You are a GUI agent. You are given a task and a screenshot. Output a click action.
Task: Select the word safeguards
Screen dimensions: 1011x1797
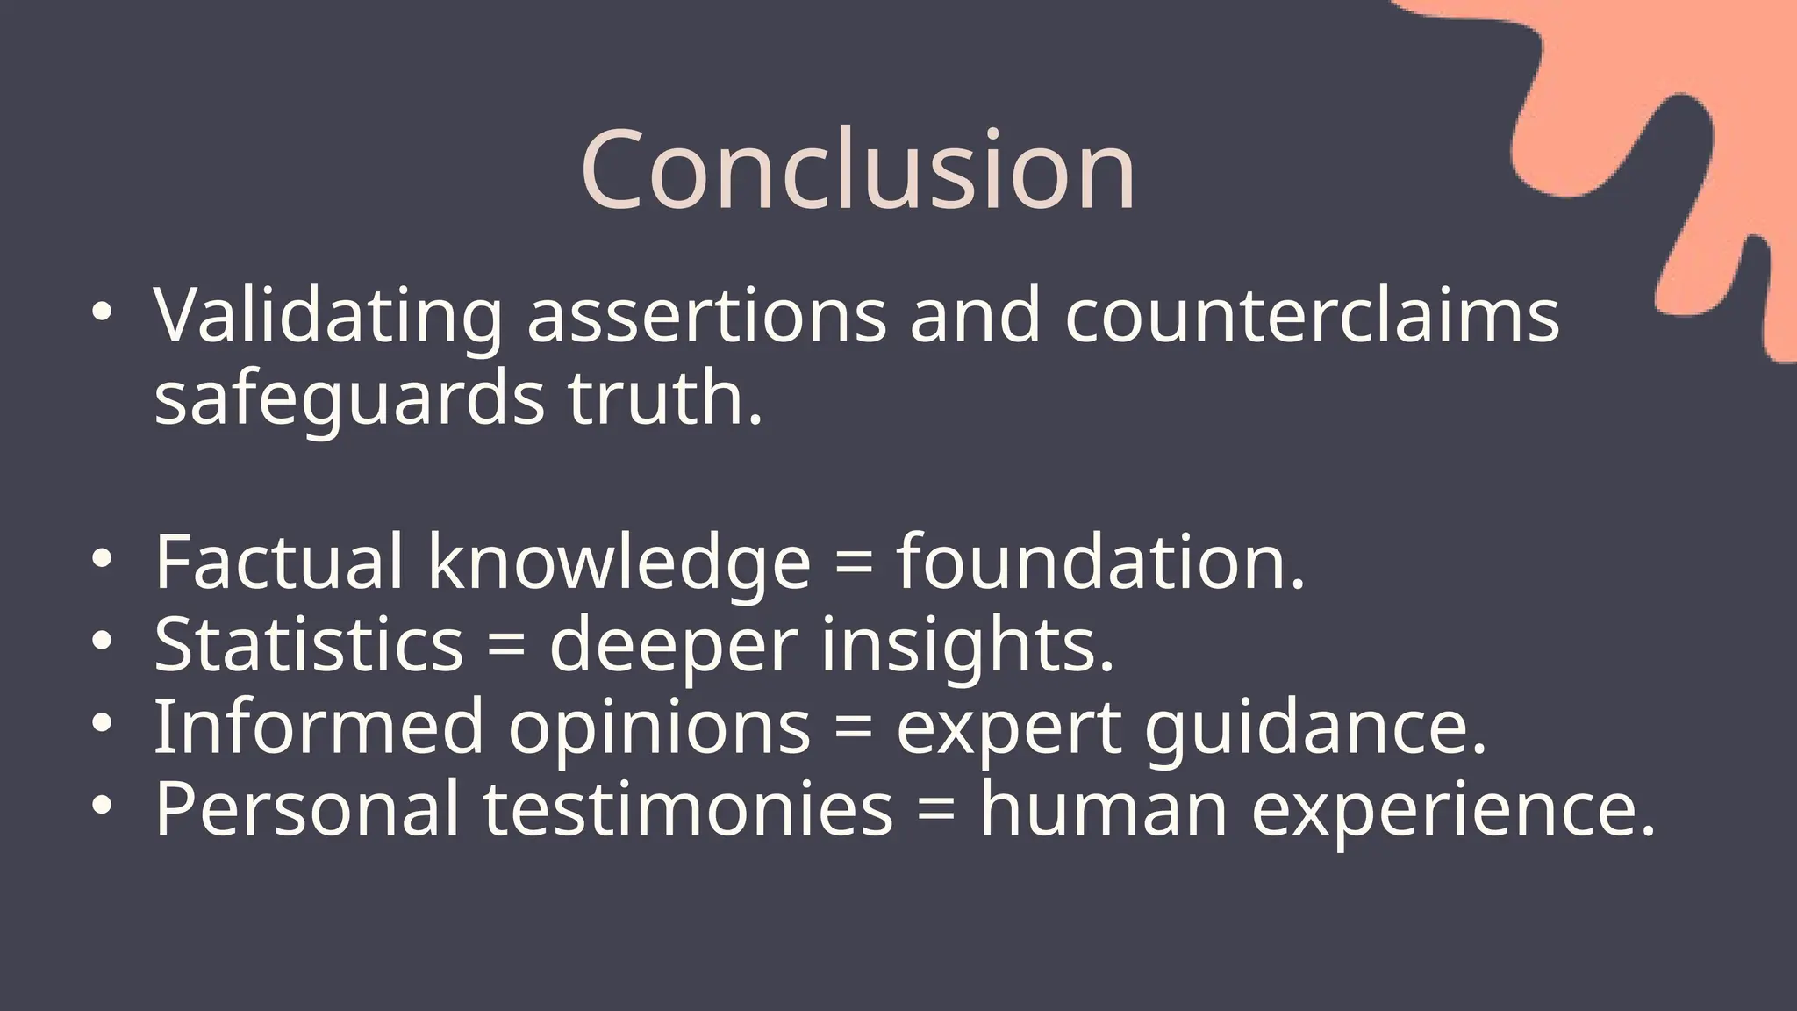tap(349, 398)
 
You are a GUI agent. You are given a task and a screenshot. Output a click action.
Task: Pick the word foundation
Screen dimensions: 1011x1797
tap(1100, 562)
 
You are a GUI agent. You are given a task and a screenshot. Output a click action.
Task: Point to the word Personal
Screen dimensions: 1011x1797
tap(307, 808)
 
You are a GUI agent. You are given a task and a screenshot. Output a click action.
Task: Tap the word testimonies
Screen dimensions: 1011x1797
tap(688, 808)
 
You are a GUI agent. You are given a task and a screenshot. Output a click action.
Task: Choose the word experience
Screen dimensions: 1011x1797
tap(1453, 810)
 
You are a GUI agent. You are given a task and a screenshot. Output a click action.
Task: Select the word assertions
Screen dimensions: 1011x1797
tap(707, 316)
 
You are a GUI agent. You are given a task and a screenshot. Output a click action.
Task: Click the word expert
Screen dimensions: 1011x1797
tap(1008, 728)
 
